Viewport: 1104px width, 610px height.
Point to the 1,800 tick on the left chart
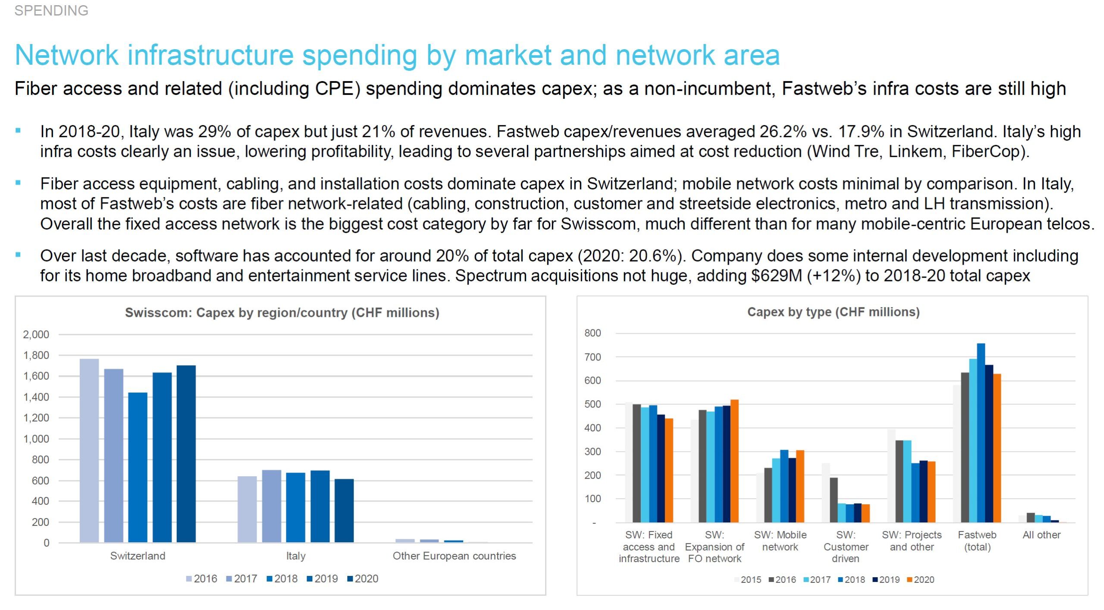[x=36, y=355]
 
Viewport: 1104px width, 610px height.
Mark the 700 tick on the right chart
[x=593, y=357]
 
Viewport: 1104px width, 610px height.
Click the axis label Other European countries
[x=454, y=556]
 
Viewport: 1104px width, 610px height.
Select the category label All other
[x=1041, y=535]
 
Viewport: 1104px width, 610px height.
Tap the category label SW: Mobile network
[x=780, y=541]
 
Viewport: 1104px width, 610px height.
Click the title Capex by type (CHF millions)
[x=833, y=312]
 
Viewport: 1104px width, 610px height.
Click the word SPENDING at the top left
[x=51, y=10]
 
